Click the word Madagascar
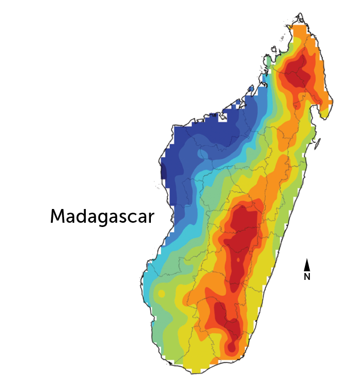(x=102, y=216)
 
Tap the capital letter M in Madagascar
(x=58, y=216)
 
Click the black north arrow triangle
(x=307, y=265)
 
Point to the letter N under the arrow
(x=307, y=277)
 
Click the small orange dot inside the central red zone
(x=239, y=261)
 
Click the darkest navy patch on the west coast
(x=165, y=172)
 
